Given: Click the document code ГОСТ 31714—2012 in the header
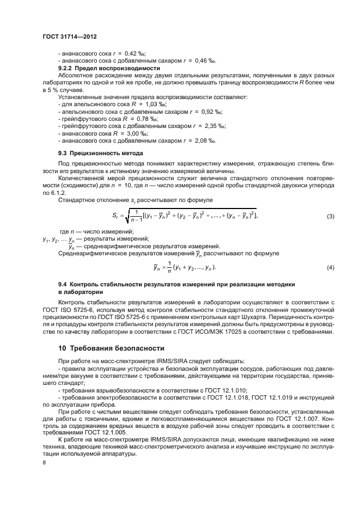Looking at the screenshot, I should coord(69,39).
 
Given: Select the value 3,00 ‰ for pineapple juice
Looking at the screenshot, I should coord(137,133).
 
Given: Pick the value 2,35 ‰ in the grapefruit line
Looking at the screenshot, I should coord(213,125).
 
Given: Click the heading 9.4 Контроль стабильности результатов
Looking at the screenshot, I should coord(176,284).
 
